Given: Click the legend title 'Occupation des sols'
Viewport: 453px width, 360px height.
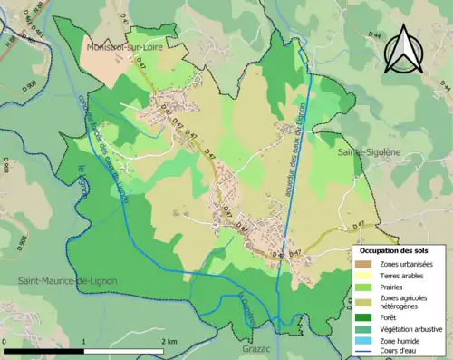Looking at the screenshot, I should [394, 250].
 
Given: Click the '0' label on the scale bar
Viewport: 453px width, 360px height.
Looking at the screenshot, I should [5, 340].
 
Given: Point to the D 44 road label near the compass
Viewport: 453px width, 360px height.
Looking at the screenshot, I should [443, 86].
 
